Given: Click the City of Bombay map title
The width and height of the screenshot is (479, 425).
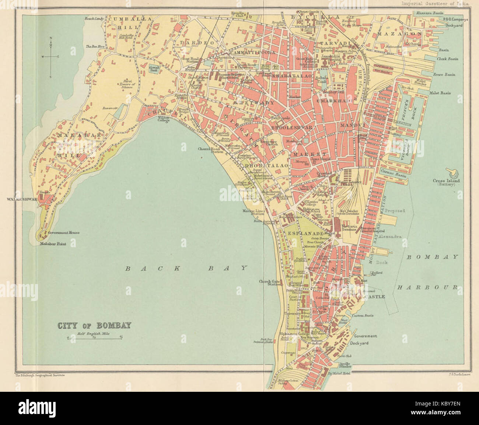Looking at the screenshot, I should tap(94, 326).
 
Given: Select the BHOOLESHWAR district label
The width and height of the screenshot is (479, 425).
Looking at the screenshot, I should tap(292, 128).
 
